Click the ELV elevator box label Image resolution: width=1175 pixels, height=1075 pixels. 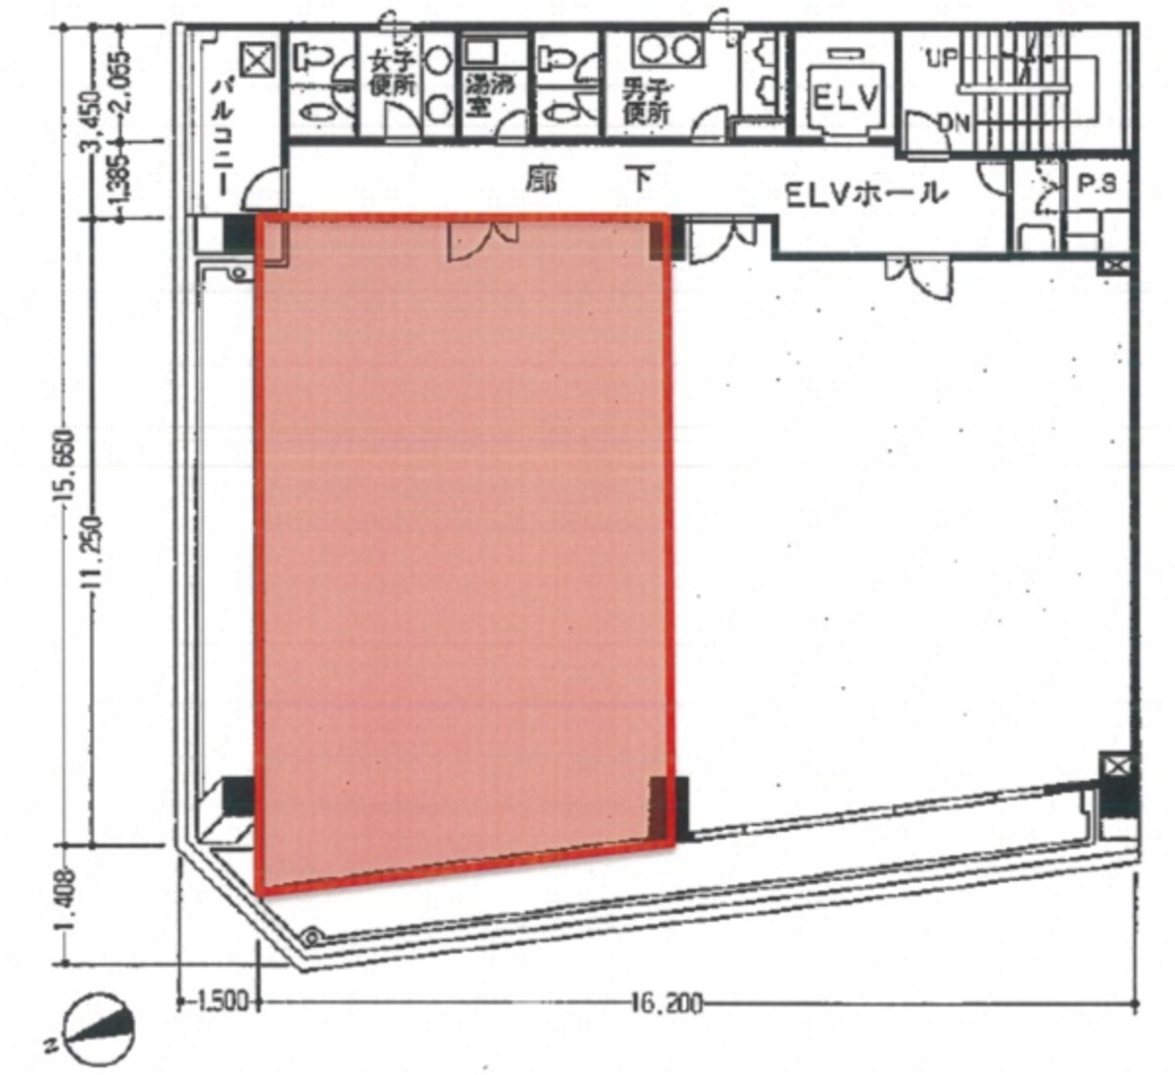point(844,98)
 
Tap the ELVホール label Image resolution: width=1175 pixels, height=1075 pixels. point(866,193)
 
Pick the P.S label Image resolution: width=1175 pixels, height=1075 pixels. point(1097,185)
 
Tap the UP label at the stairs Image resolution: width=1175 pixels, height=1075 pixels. point(943,58)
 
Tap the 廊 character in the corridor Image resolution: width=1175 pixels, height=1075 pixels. point(535,180)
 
